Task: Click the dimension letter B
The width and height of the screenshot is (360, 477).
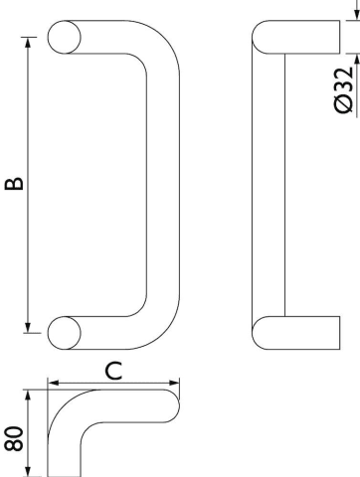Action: coord(14,184)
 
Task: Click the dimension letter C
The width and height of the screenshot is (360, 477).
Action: coord(113,371)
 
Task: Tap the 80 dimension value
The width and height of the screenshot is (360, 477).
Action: coord(14,438)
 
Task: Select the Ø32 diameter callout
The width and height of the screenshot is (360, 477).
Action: coord(344,90)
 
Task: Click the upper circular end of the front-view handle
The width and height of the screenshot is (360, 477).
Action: coord(65,37)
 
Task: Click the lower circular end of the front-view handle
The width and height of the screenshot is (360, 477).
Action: coord(65,333)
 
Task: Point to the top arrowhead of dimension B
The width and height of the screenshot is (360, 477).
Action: coord(28,43)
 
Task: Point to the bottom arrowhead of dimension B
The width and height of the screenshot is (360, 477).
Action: coord(28,327)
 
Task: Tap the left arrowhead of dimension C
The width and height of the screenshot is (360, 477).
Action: coord(54,383)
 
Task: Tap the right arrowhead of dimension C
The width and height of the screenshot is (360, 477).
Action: coord(174,383)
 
